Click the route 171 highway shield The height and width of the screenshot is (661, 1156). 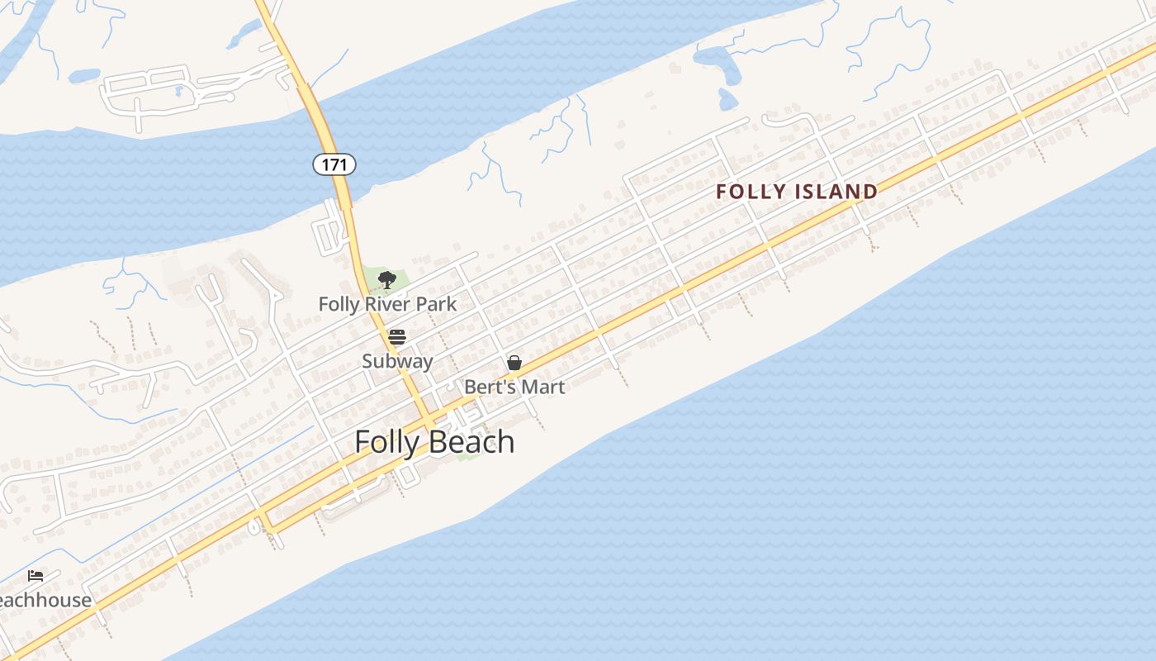point(334,164)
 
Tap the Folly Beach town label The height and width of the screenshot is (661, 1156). point(434,442)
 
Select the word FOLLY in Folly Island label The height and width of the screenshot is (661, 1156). point(750,192)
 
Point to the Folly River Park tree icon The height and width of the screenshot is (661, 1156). point(386,280)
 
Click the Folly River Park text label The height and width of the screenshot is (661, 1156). point(387,304)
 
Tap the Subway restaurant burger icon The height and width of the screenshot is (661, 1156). point(397,337)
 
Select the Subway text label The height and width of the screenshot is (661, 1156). point(397,361)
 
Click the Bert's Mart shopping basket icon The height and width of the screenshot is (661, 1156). point(514,363)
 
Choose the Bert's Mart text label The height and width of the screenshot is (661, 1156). point(514,387)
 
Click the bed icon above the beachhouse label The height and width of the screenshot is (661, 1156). point(36,576)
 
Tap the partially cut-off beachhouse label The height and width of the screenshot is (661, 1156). point(45,600)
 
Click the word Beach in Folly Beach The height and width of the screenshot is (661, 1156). point(475,442)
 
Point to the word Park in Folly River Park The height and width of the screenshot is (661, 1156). point(436,304)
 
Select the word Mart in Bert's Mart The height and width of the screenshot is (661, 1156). point(543,387)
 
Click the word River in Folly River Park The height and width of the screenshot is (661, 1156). point(388,304)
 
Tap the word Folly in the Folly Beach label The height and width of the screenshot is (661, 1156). point(387,442)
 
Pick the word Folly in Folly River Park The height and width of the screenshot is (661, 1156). point(339,304)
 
